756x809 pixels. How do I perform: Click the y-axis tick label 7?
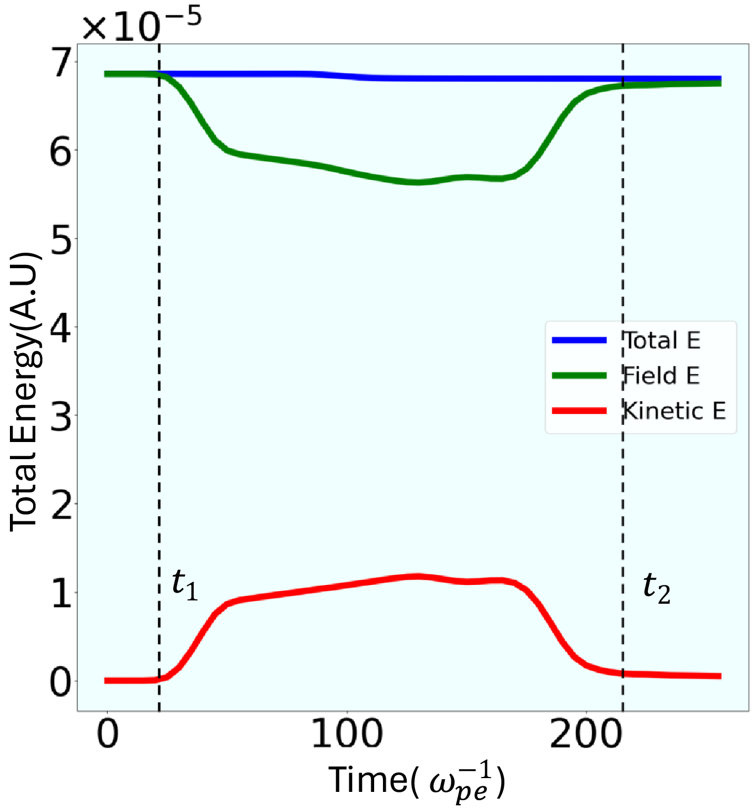[61, 63]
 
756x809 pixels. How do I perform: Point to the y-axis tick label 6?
[61, 152]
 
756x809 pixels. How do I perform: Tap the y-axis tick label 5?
[61, 240]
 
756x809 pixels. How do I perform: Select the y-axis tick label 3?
[61, 417]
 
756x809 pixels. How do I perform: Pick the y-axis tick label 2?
[61, 505]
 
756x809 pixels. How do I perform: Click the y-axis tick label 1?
[61, 594]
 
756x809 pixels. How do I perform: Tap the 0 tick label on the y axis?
[61, 683]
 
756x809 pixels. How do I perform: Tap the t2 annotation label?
[657, 588]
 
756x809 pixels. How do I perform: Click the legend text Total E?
[662, 340]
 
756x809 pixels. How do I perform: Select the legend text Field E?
[661, 376]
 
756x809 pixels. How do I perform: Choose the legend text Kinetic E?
[674, 411]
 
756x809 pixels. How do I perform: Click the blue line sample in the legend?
[579, 340]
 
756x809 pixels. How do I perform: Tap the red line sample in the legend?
[579, 411]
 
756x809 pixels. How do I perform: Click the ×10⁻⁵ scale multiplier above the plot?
[142, 25]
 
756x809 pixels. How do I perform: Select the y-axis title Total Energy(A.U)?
[25, 392]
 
